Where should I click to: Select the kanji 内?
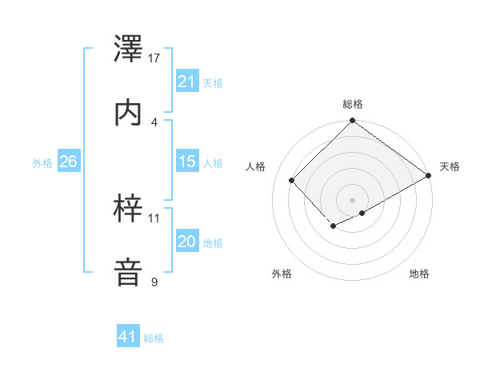click(130, 113)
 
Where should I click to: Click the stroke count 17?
click(155, 58)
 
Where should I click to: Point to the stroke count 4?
click(154, 122)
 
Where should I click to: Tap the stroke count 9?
click(154, 282)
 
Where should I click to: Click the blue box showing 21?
click(186, 82)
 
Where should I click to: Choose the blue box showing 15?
click(186, 162)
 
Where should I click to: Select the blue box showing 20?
click(186, 242)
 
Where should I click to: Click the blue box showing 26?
click(68, 162)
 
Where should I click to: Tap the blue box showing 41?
click(128, 337)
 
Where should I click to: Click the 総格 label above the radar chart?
click(353, 104)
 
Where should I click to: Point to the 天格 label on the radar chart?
click(450, 166)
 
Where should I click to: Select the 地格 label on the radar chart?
click(419, 274)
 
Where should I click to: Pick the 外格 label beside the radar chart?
click(282, 274)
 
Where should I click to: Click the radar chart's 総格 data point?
click(352, 122)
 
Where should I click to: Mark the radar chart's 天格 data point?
click(429, 176)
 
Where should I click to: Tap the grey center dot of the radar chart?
click(352, 199)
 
